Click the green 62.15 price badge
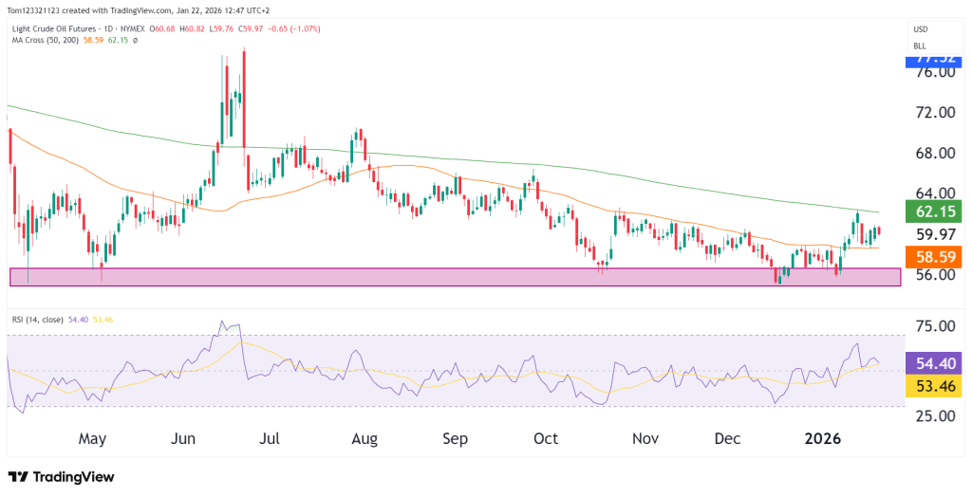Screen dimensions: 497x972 [935, 212]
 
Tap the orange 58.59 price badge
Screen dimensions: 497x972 [935, 256]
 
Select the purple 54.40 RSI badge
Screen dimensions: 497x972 [935, 362]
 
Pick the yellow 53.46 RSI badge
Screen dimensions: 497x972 [935, 385]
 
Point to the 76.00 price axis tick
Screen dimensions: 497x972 [933, 73]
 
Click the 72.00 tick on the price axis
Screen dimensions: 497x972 [933, 113]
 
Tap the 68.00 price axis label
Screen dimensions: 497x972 [933, 154]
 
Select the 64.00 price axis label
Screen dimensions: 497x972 [933, 193]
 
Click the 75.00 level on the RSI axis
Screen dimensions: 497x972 [933, 326]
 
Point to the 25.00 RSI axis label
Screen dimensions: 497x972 [933, 415]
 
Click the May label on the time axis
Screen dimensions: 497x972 [92, 439]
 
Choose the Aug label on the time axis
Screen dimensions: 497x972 [364, 439]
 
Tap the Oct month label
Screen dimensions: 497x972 [546, 439]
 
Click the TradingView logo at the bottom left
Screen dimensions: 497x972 [61, 476]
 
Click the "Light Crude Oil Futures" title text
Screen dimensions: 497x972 [52, 29]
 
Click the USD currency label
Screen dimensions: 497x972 [920, 29]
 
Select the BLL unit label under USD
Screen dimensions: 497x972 [920, 46]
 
